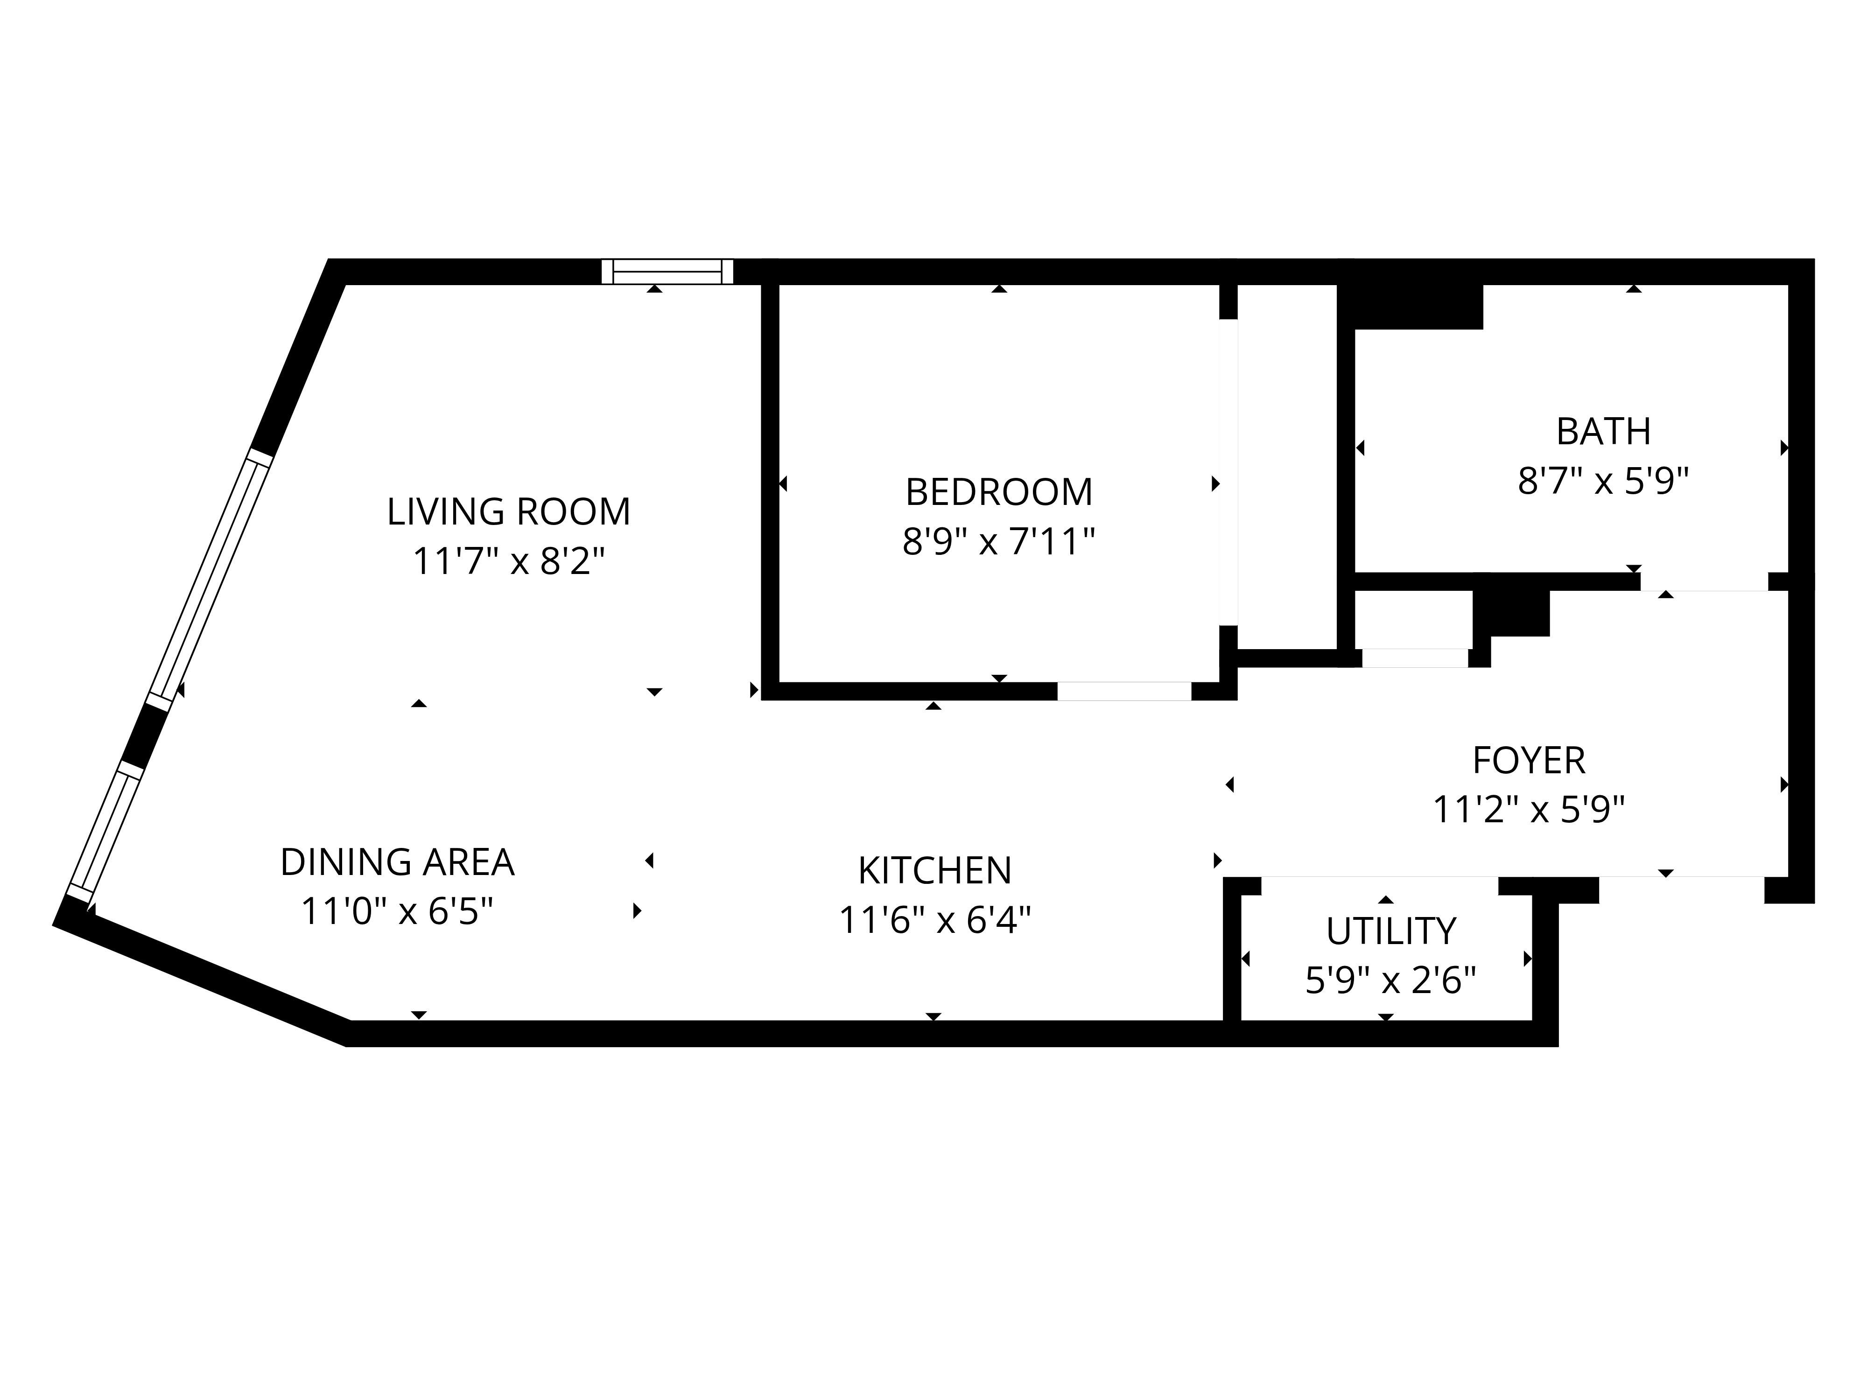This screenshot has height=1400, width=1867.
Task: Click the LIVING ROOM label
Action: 508,511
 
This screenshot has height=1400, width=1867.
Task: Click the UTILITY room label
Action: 1391,931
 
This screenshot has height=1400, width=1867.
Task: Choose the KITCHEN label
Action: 934,871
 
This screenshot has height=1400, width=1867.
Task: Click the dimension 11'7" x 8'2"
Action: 508,561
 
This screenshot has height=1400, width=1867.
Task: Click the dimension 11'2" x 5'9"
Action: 1529,810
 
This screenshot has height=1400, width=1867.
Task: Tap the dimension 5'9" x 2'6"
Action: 1391,980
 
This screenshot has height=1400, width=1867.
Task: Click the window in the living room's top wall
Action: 667,272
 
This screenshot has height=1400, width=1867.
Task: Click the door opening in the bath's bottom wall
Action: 1704,582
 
